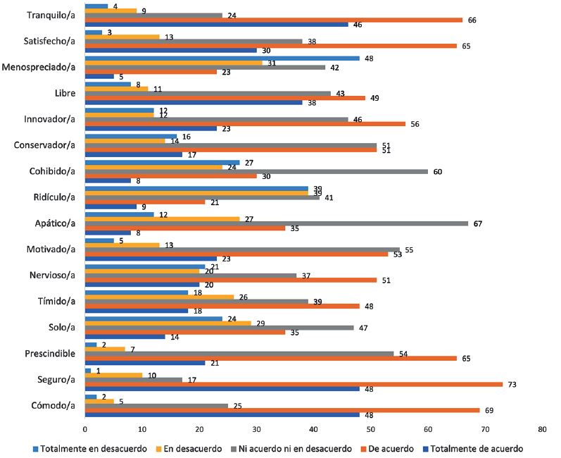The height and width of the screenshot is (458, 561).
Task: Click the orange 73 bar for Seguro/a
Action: pos(293,384)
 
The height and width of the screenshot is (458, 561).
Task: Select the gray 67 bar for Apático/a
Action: pos(276,223)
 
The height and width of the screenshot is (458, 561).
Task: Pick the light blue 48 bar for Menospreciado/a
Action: pos(222,58)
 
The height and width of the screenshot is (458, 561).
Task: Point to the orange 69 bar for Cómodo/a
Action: pos(282,410)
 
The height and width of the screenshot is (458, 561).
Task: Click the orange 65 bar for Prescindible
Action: pos(270,357)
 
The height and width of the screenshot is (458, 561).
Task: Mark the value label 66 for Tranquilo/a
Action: pos(472,19)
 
